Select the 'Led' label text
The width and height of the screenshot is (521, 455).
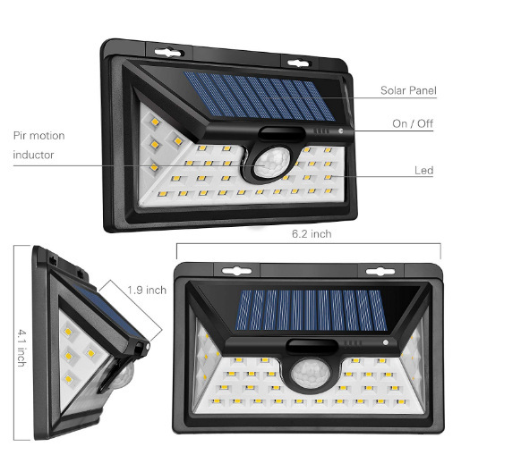click(x=424, y=170)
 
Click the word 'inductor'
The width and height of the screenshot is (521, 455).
click(x=34, y=155)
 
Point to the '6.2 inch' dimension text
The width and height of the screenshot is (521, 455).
click(x=311, y=235)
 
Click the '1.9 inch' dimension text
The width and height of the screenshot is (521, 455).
click(x=146, y=290)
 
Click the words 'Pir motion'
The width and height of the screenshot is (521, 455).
click(x=38, y=136)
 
